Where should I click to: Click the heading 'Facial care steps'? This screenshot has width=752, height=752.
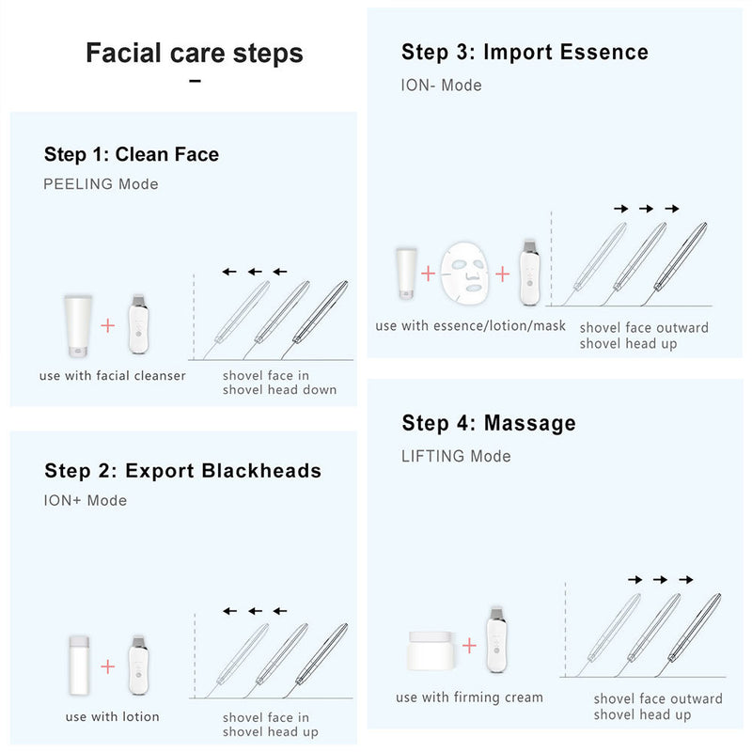(x=195, y=53)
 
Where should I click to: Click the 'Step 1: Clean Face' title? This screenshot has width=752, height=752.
(x=131, y=154)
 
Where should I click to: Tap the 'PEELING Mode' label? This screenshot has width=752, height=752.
(x=101, y=184)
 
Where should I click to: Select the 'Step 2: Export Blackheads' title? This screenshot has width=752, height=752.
(x=182, y=470)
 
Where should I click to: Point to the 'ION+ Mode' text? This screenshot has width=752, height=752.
(x=85, y=500)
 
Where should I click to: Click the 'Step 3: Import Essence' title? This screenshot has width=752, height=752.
(x=525, y=52)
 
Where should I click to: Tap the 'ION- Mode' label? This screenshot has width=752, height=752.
(x=441, y=85)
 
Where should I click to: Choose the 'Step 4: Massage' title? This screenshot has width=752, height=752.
(x=488, y=423)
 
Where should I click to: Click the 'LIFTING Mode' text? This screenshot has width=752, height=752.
(x=456, y=456)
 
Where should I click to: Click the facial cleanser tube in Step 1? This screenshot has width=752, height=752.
(x=78, y=325)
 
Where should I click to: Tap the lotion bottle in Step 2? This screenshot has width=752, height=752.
(x=78, y=666)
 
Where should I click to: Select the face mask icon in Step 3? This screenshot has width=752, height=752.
(x=467, y=273)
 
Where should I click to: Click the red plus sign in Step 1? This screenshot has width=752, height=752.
(x=108, y=325)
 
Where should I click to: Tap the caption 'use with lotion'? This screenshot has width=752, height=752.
(x=112, y=716)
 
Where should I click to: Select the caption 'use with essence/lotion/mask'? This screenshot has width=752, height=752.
(x=470, y=325)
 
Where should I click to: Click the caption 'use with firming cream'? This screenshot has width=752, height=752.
(x=469, y=697)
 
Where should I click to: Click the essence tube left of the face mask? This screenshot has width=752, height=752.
(x=406, y=274)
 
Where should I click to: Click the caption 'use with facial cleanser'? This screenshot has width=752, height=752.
(x=112, y=376)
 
